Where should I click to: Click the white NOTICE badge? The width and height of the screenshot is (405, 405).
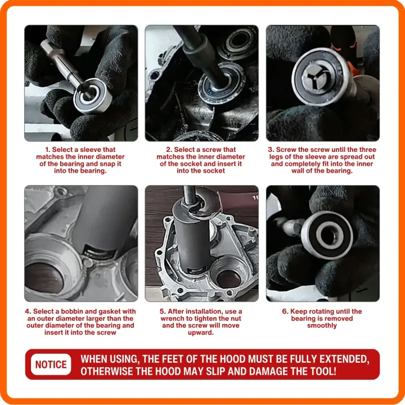coord(51,364)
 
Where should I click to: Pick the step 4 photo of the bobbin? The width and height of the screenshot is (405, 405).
coord(80,243)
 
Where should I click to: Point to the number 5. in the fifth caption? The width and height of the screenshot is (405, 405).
coord(163,312)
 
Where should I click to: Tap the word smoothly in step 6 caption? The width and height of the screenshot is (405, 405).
coord(322,325)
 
